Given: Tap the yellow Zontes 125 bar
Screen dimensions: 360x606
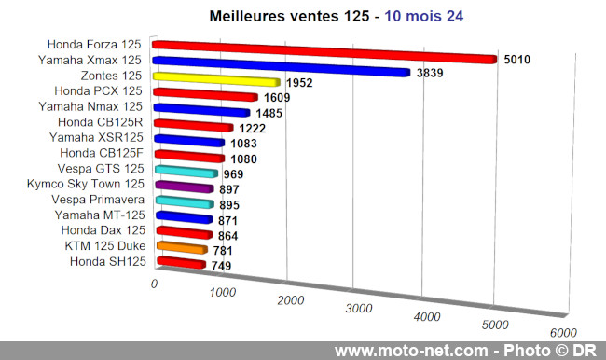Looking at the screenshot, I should [x=214, y=79].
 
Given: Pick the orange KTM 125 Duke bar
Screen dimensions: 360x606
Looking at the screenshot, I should [x=179, y=248].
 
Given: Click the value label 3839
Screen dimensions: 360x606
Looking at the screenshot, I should [x=431, y=74].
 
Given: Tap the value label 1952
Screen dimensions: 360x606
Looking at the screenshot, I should [x=297, y=83].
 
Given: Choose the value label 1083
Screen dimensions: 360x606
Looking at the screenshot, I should [x=242, y=144].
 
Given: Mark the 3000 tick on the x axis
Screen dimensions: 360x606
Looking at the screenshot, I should [x=359, y=308].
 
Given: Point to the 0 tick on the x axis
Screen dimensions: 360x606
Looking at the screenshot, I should [x=155, y=283].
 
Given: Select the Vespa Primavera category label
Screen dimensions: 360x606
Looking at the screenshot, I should [x=102, y=201].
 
